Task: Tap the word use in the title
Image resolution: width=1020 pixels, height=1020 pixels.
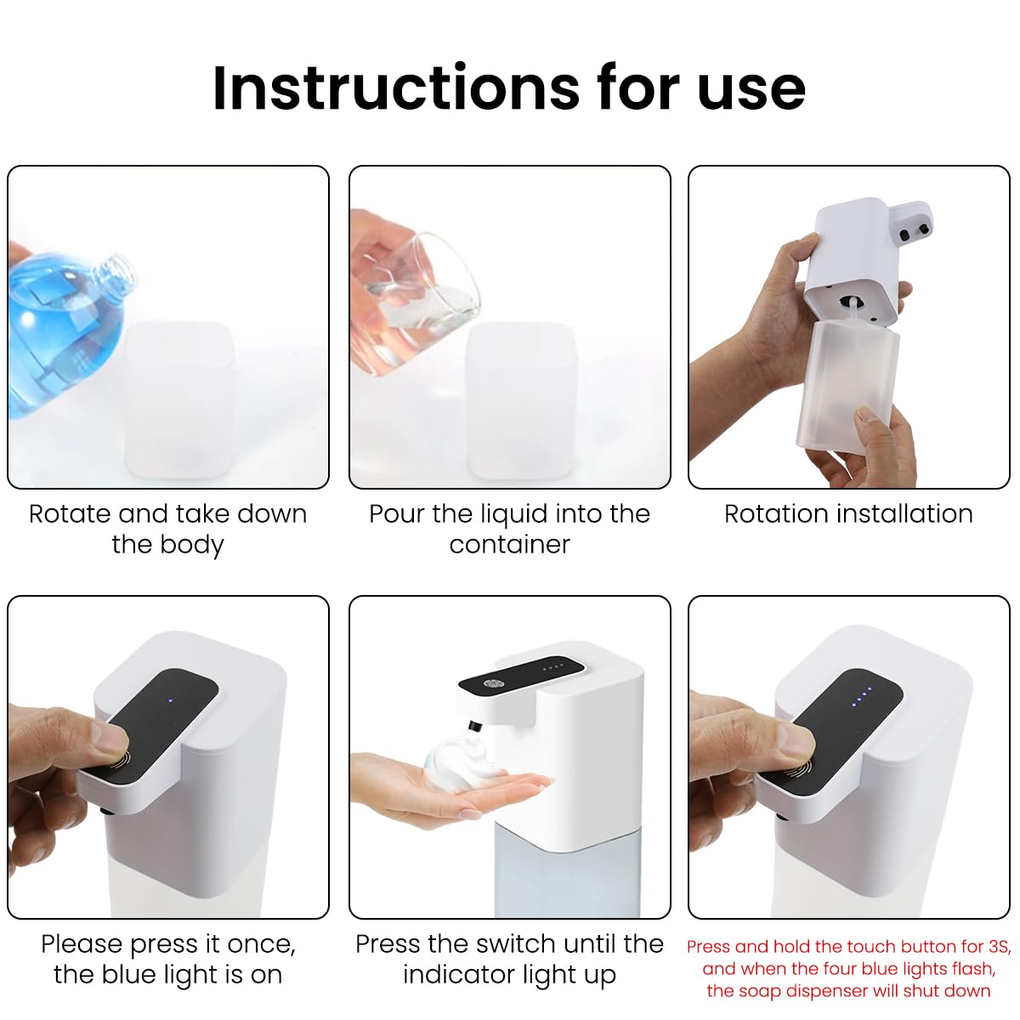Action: (x=751, y=88)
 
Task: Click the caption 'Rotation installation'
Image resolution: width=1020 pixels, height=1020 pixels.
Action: (x=848, y=513)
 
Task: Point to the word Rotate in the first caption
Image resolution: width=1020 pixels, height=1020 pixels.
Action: (x=71, y=513)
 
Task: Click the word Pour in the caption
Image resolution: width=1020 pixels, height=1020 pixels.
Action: (x=397, y=513)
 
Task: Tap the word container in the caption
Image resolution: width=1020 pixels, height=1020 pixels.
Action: (x=509, y=544)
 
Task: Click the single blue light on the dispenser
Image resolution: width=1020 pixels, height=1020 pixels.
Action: (x=170, y=701)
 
